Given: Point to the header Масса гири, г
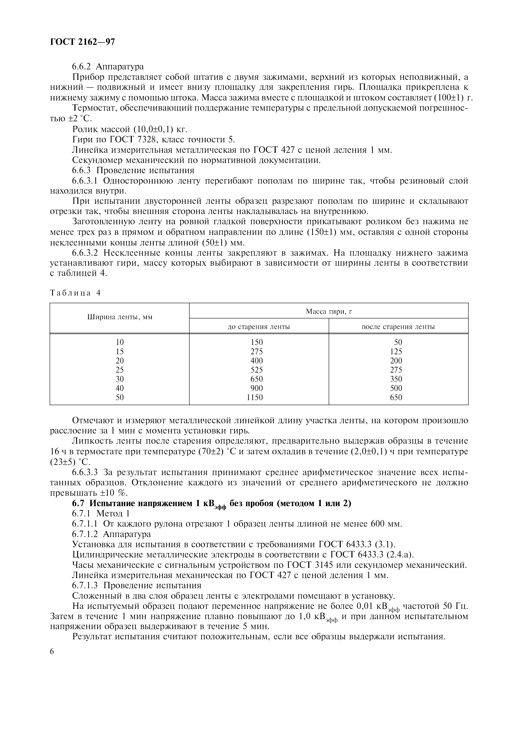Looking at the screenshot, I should click(x=329, y=311).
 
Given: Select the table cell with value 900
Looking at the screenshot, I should click(x=257, y=388).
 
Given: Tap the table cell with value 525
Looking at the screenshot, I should click(x=257, y=370).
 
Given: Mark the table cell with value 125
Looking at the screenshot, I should click(x=396, y=352).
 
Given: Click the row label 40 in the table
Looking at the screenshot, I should click(x=120, y=388).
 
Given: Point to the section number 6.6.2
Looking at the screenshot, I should click(x=82, y=66).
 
